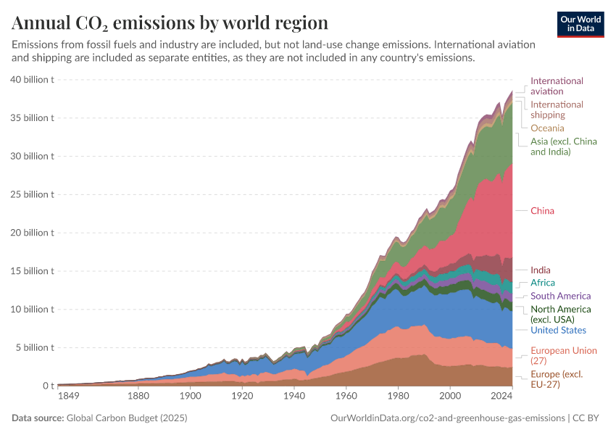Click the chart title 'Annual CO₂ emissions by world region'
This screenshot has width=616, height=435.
click(x=170, y=22)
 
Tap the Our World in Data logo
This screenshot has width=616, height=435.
click(x=581, y=24)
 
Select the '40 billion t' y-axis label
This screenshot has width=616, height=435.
click(x=32, y=80)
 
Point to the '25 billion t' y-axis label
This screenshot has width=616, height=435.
click(x=32, y=194)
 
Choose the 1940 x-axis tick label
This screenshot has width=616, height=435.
click(x=294, y=397)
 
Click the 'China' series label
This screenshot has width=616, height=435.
click(x=542, y=211)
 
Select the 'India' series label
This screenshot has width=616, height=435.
click(x=541, y=270)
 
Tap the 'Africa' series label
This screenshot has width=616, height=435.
click(x=543, y=283)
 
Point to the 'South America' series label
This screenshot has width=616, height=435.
click(x=560, y=296)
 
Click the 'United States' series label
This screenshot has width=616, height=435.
click(x=558, y=330)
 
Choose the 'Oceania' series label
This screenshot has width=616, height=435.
click(x=547, y=128)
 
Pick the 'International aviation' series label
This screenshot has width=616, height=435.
click(x=557, y=86)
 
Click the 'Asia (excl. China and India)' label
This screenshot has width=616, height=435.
click(x=563, y=146)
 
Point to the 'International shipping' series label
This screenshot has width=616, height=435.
click(x=557, y=109)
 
